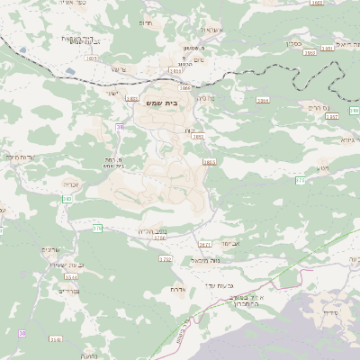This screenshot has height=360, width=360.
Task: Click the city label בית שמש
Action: (161, 104)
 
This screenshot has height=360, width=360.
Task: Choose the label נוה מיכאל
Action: (206, 259)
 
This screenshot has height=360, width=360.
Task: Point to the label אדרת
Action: (176, 289)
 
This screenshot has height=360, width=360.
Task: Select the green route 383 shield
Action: (67, 199)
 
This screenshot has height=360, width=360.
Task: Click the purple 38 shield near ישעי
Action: (119, 128)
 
